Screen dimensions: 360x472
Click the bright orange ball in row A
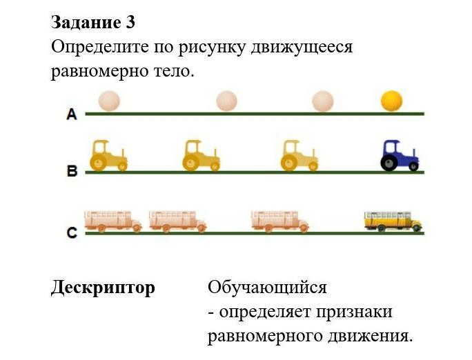click(x=391, y=101)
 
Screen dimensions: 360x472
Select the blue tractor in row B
click(x=400, y=155)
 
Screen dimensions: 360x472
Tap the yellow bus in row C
click(x=393, y=221)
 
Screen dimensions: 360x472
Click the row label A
click(x=72, y=114)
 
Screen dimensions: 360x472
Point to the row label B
click(x=72, y=172)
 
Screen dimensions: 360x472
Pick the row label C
click(x=72, y=233)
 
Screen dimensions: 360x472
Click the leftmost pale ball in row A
click(x=109, y=101)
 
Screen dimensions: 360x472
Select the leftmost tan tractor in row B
click(x=108, y=155)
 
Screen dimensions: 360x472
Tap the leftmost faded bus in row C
click(x=112, y=221)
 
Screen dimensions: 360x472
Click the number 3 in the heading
click(x=130, y=22)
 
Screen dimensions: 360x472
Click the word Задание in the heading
click(x=85, y=22)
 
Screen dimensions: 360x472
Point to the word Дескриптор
click(x=103, y=288)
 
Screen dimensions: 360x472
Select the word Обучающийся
click(x=267, y=288)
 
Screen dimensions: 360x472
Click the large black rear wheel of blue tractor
click(x=390, y=162)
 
